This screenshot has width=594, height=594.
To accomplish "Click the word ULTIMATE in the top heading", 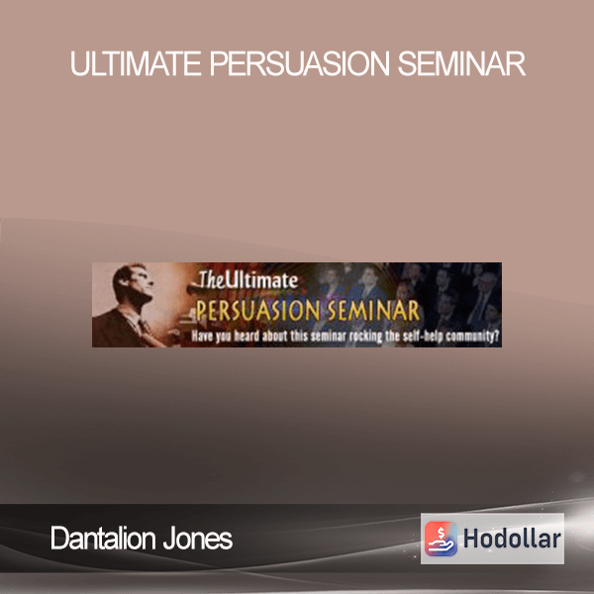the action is click(x=136, y=63).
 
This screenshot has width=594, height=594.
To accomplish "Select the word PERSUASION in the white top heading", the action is click(x=299, y=63).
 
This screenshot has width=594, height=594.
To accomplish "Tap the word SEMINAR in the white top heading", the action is click(x=461, y=63).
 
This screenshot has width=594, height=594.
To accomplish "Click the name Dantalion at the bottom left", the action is click(x=103, y=538).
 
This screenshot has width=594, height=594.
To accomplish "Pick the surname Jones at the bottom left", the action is click(x=198, y=539).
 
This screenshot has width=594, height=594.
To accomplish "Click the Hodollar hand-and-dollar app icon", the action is click(x=441, y=539).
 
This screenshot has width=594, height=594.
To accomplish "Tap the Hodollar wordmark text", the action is click(x=512, y=539).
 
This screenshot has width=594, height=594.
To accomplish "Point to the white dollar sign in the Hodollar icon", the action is click(x=441, y=533).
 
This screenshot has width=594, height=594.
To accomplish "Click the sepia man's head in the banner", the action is click(x=131, y=281).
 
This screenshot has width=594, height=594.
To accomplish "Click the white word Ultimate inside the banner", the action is click(x=261, y=280).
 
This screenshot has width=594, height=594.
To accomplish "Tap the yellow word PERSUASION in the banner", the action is click(x=258, y=311).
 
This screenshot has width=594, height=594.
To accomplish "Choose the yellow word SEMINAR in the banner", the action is click(x=374, y=311).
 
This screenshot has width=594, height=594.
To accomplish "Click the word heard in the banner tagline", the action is click(x=247, y=336).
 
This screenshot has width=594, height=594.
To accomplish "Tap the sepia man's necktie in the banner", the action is click(x=146, y=328).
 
